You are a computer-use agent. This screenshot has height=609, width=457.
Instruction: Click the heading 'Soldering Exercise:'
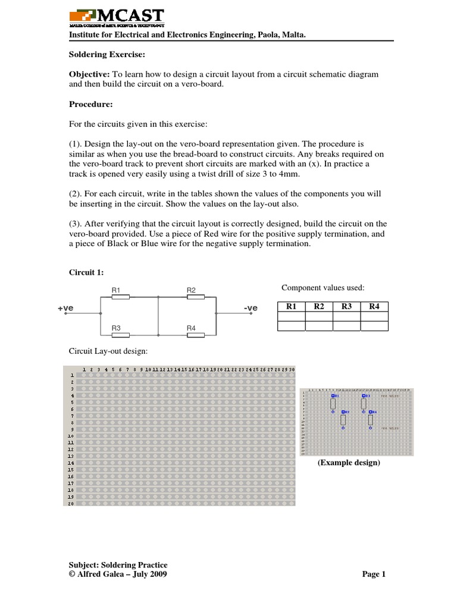click(x=105, y=54)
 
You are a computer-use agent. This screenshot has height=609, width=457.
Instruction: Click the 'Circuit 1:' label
click(x=87, y=272)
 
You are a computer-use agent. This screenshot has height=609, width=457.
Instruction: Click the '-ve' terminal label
click(x=251, y=308)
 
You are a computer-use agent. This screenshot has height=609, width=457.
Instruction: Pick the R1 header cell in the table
click(x=292, y=307)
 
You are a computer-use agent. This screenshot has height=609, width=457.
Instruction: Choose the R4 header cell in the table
click(x=374, y=307)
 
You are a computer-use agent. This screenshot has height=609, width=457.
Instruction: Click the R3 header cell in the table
click(x=347, y=307)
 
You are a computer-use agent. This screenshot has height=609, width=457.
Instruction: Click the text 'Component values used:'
click(x=323, y=288)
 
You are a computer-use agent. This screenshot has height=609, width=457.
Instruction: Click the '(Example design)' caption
click(x=348, y=463)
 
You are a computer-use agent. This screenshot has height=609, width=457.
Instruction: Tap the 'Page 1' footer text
click(x=374, y=574)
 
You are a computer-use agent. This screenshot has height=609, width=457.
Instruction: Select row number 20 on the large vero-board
click(x=70, y=504)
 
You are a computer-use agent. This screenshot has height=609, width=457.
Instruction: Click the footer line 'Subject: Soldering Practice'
click(x=118, y=564)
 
